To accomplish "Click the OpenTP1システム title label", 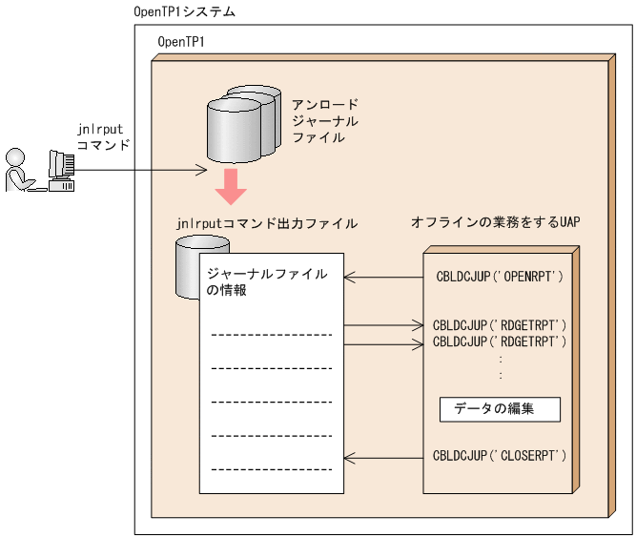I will (x=186, y=11).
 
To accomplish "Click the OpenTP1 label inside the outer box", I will (x=180, y=44).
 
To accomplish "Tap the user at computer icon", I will (x=39, y=171).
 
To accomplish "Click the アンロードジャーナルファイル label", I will (x=325, y=121).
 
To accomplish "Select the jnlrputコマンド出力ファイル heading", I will (x=267, y=223).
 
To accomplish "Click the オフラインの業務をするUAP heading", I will (x=495, y=222).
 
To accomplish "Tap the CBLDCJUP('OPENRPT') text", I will (x=500, y=278).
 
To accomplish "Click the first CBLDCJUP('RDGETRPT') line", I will (x=500, y=325).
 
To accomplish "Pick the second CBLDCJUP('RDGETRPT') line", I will (x=500, y=341).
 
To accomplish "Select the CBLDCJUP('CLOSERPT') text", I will (x=500, y=455).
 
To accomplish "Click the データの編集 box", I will (x=500, y=409).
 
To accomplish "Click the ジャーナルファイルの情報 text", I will (x=267, y=282).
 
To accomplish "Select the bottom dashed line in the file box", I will (x=271, y=468).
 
